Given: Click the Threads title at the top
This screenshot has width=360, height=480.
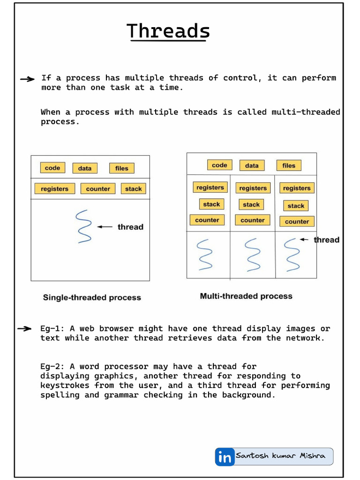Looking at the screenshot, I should tap(168, 31).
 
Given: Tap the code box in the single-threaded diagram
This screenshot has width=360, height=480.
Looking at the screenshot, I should tap(52, 168).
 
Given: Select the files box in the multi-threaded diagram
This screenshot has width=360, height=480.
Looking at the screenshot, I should tap(289, 165).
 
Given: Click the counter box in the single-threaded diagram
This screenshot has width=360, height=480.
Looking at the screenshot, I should tap(98, 189).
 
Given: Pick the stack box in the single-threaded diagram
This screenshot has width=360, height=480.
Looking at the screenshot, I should tap(133, 189).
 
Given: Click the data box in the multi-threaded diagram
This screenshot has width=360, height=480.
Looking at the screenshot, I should tap(252, 165).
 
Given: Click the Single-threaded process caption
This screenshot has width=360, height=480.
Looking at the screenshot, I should tap(92, 298).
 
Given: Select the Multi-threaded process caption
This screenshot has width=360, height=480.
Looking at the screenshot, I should tap(246, 296).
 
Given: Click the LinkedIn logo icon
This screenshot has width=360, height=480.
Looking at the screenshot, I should tap(225, 457).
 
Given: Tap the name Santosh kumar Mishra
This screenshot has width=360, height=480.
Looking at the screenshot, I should tap(280, 456).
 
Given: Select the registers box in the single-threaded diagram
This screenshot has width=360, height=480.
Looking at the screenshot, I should tap(54, 189).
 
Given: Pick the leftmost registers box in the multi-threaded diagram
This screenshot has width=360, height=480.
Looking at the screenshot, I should tap(210, 187).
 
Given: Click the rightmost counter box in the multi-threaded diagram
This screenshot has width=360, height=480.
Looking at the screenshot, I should tap(297, 222).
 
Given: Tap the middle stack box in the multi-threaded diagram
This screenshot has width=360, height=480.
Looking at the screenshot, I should tap(251, 205).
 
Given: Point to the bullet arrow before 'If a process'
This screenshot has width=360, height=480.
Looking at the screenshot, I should tap(27, 79).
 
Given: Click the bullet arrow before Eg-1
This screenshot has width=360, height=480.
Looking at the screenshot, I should tap(24, 329).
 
